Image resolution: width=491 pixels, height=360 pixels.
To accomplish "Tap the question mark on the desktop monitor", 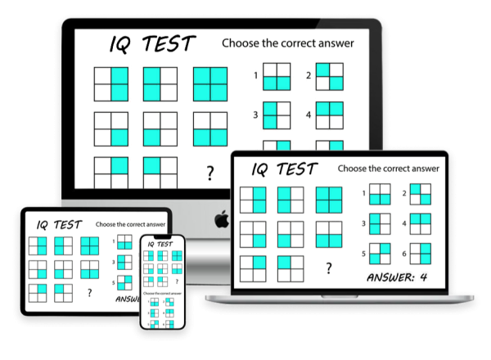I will coord(210,173).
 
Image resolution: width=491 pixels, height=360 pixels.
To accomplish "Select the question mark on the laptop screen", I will coord(329,268).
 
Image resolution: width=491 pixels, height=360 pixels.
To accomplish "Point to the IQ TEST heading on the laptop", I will coord(284,169).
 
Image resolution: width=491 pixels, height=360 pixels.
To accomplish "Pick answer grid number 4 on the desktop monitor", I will coord(328,115).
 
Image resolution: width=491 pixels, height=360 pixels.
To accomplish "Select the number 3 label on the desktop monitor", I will coord(255,115).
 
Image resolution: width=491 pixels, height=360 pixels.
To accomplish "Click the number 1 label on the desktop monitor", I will coord(255,79).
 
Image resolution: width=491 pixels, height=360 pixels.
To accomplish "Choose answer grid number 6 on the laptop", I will coord(420,253).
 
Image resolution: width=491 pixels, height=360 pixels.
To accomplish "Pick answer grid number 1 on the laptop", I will coord(379,194).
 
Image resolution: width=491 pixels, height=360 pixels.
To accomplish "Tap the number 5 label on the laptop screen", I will coord(363,254).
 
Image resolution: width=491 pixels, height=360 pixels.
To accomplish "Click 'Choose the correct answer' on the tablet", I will coord(131,223).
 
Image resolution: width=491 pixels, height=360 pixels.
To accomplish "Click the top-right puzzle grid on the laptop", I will coord(329,199).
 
